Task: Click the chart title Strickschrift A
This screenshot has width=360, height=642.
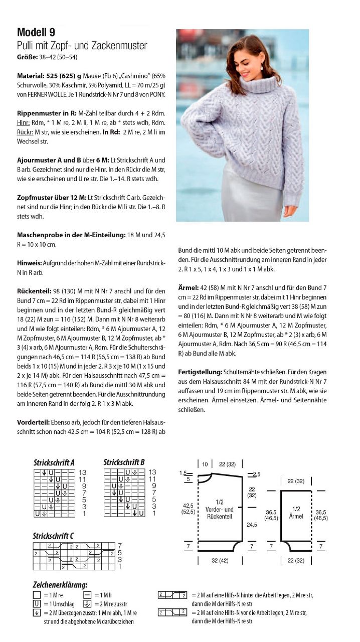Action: [54, 462]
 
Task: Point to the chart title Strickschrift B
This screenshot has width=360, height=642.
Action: [124, 462]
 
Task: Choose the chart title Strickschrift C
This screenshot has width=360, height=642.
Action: [54, 536]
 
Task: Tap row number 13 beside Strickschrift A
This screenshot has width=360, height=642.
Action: [83, 472]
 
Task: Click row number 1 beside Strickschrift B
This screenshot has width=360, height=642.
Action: [153, 514]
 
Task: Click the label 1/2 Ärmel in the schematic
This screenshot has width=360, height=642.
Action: [296, 512]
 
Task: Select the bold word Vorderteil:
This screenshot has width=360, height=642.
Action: [34, 422]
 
